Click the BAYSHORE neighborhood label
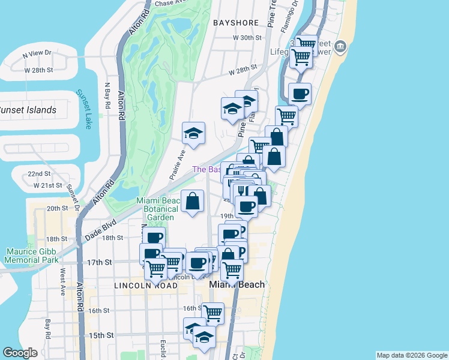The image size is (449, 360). (235, 23)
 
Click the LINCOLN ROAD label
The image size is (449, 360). (146, 286)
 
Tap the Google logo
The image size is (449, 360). (20, 353)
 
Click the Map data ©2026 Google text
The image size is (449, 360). (412, 355)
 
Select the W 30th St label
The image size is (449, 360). (248, 37)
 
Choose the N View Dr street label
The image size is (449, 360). (38, 54)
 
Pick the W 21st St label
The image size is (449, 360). (47, 186)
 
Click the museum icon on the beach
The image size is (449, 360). (340, 46)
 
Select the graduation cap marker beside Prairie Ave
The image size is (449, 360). (193, 133)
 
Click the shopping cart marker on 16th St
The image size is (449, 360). (212, 313)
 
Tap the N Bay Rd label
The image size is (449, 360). (107, 96)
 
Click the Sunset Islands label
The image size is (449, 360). (27, 110)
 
